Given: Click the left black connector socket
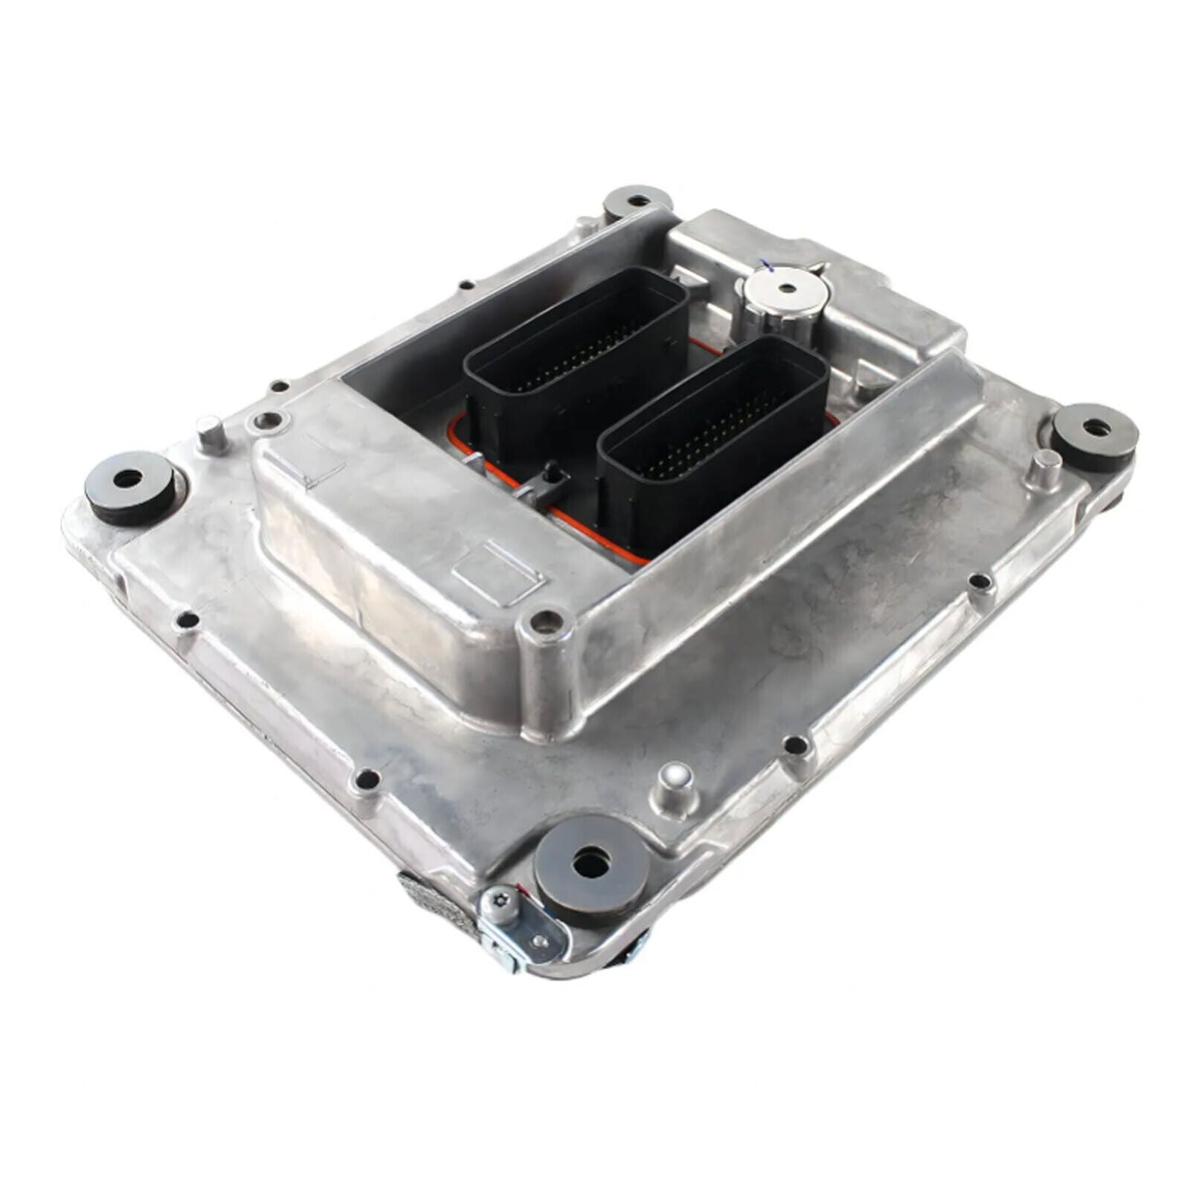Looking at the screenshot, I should [x=576, y=350].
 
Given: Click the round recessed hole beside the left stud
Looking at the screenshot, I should [x=267, y=422].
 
